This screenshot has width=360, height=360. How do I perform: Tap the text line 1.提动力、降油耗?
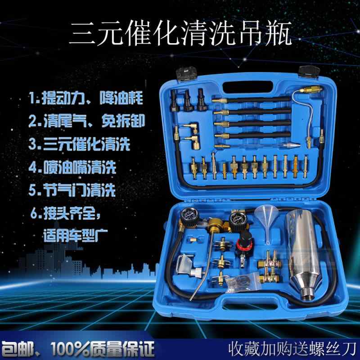coord(86,98)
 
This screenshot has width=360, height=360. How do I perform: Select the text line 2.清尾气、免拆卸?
coord(87,121)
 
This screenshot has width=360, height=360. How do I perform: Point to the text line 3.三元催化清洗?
coord(79,144)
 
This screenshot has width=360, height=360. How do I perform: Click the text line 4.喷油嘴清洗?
coord(72,167)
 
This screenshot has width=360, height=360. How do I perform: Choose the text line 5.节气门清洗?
coord(72,190)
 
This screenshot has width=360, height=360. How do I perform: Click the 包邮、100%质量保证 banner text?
coord(77,348)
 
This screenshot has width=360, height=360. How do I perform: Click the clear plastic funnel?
coord(266,220)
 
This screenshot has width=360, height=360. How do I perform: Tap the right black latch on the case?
coord(309,72)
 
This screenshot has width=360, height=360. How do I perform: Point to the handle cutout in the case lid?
coord(248,87)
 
